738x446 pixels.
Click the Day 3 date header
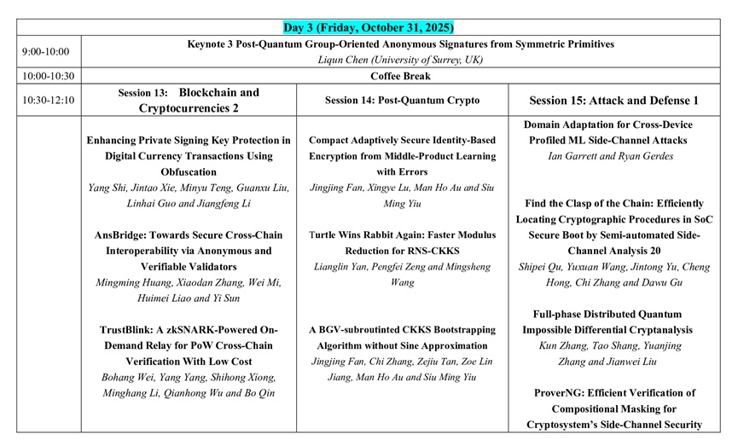(x=369, y=27)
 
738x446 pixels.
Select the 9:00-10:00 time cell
(x=47, y=52)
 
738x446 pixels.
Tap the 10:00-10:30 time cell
(x=49, y=76)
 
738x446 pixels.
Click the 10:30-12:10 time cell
(x=49, y=100)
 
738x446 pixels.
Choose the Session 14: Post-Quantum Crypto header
(x=402, y=101)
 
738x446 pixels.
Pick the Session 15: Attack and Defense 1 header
(x=614, y=101)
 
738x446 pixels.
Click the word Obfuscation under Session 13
(x=189, y=171)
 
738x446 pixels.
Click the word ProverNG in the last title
(x=558, y=393)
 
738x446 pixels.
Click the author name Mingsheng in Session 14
(x=467, y=267)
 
